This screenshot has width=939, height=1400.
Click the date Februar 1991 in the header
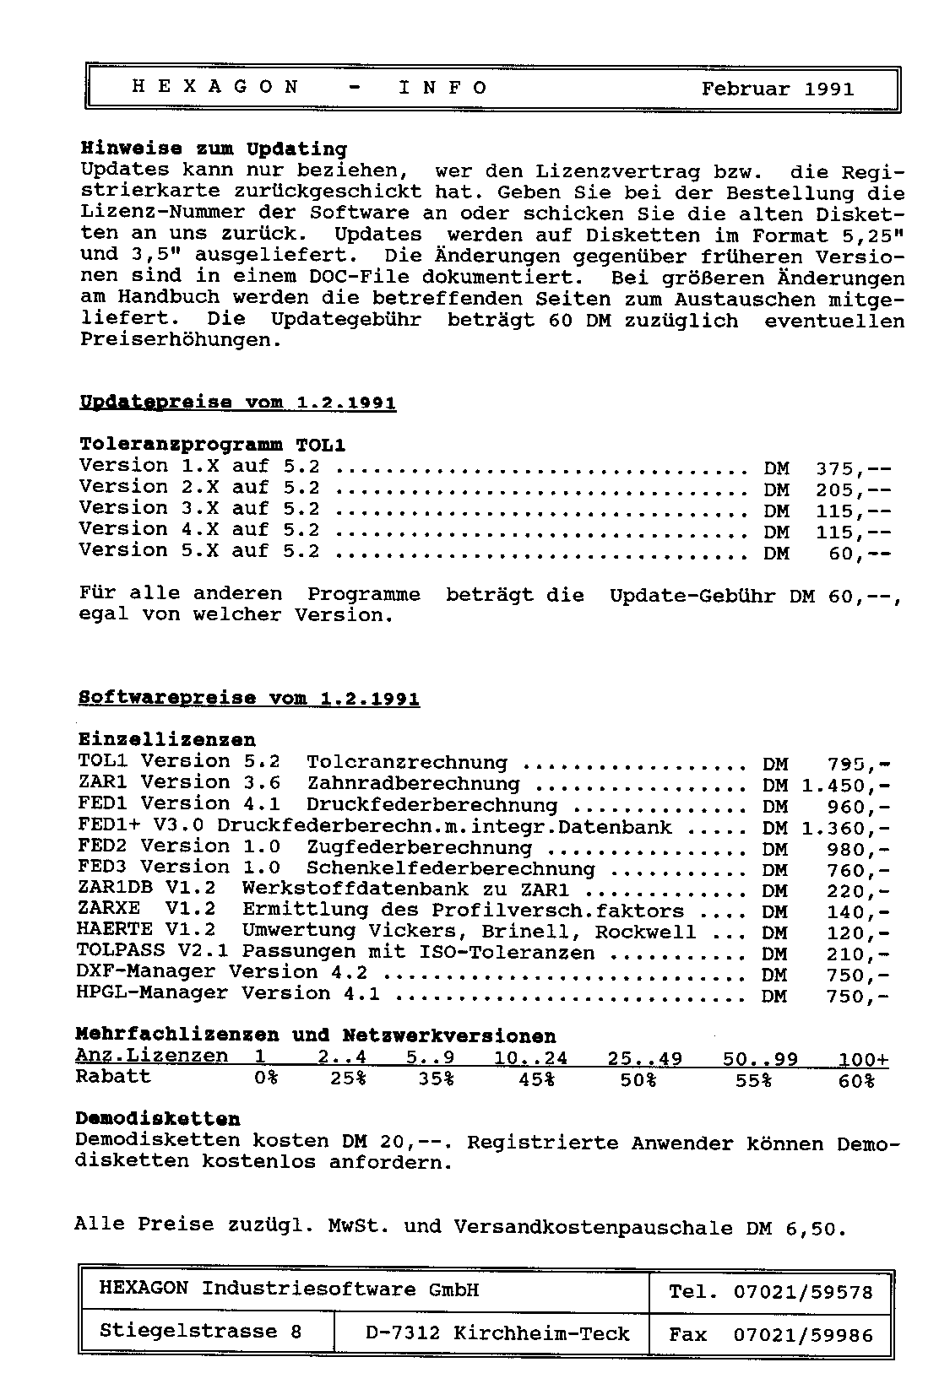pos(777,89)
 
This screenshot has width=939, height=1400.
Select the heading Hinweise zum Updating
pos(214,149)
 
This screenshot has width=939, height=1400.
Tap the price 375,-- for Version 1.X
pos(853,468)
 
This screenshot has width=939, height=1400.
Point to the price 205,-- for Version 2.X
pos(853,489)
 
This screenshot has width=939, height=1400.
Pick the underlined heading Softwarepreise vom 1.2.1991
pos(248,699)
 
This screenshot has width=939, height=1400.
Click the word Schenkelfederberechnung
pos(450,868)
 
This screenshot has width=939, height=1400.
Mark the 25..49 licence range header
pos(644,1058)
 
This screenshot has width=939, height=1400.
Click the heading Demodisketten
pos(158,1120)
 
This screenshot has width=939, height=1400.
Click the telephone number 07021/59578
pos(802,1292)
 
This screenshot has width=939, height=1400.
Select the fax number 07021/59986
pos(802,1335)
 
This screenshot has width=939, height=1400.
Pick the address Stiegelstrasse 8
pos(200,1332)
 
